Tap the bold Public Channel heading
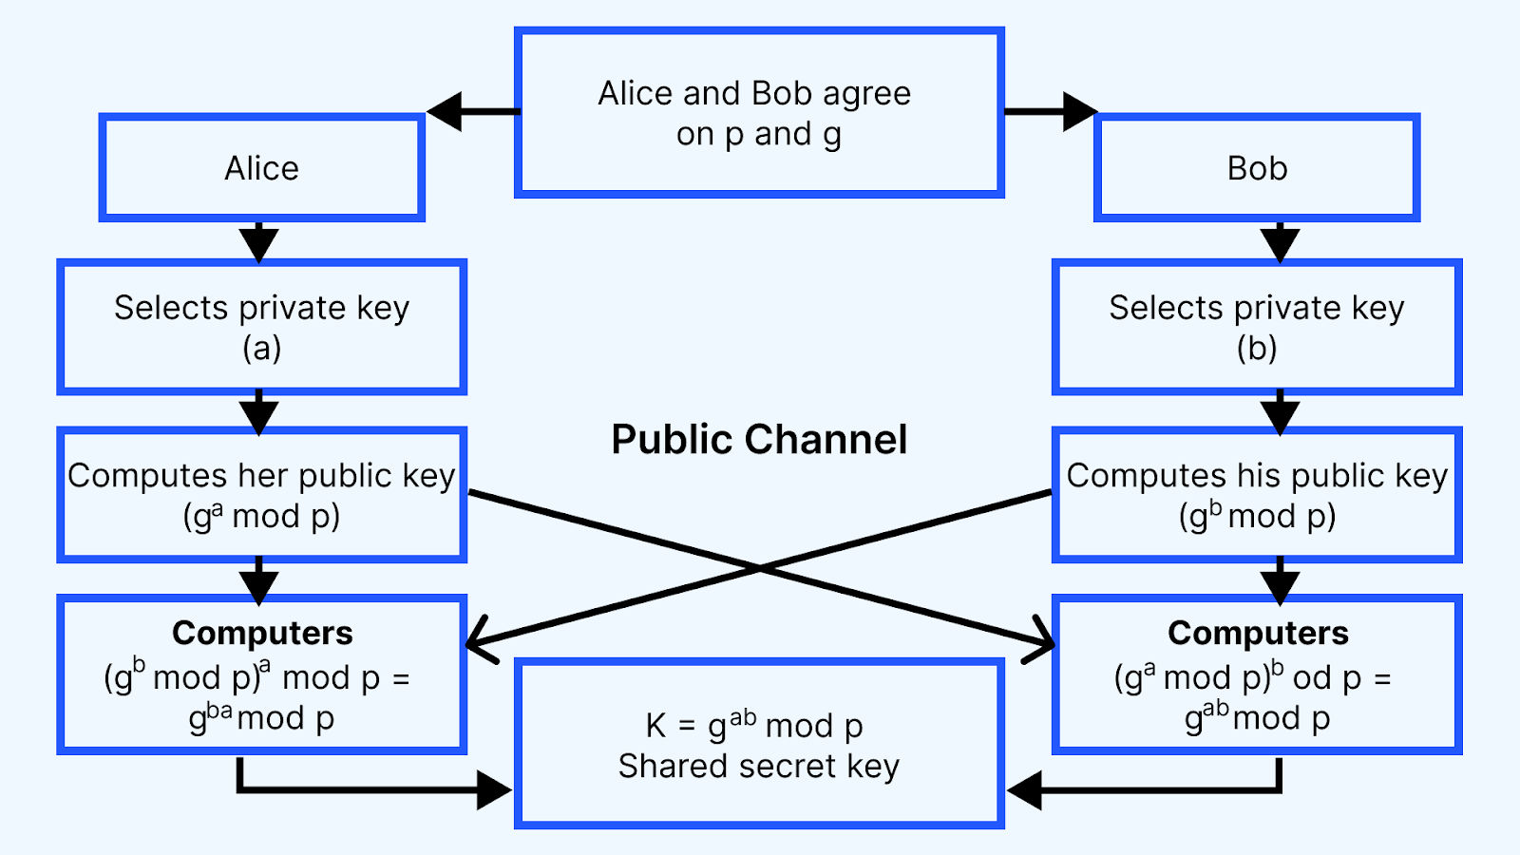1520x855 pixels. point(759,439)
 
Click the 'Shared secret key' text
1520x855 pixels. point(759,767)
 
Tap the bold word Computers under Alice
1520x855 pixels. point(262,633)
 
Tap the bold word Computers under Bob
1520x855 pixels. point(1258,633)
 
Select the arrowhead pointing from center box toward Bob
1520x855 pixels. point(1080,111)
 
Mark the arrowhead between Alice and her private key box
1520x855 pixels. point(258,244)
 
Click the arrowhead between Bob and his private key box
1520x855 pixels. point(1280,244)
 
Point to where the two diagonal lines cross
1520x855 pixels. point(760,568)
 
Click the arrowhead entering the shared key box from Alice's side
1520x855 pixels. point(494,790)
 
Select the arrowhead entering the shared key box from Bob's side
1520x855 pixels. point(1025,790)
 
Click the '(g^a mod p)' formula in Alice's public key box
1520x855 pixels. point(262,517)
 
